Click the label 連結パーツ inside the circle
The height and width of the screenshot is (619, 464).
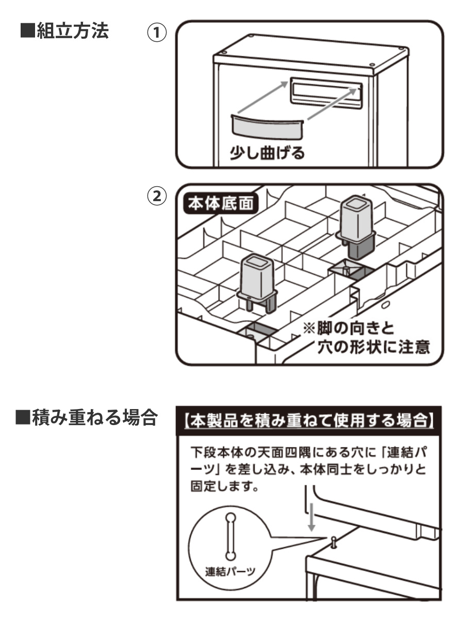coord(230,573)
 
